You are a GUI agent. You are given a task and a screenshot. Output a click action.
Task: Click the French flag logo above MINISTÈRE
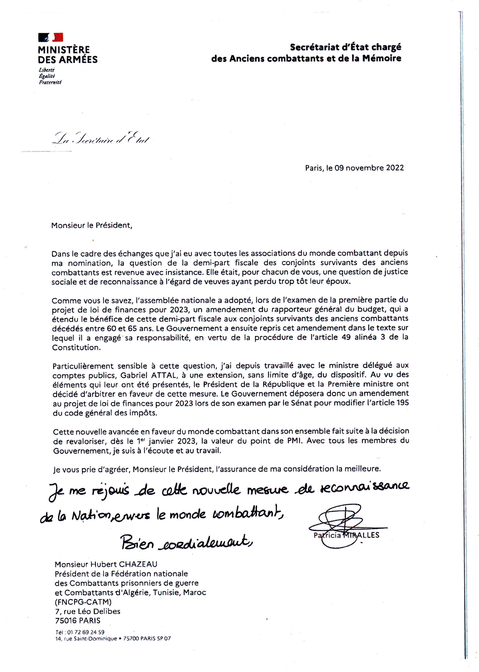click(50, 37)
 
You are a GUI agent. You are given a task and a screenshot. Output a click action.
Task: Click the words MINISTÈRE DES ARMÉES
click(68, 54)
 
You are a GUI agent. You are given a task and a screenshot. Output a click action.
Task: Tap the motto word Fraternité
click(50, 82)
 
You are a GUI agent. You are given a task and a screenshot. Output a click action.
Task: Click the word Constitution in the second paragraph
click(76, 348)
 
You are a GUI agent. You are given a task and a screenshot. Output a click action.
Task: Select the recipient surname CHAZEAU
click(138, 564)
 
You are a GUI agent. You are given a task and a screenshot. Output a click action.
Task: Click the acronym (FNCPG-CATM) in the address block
click(83, 602)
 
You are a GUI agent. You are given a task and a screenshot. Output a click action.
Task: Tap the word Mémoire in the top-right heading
click(382, 58)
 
